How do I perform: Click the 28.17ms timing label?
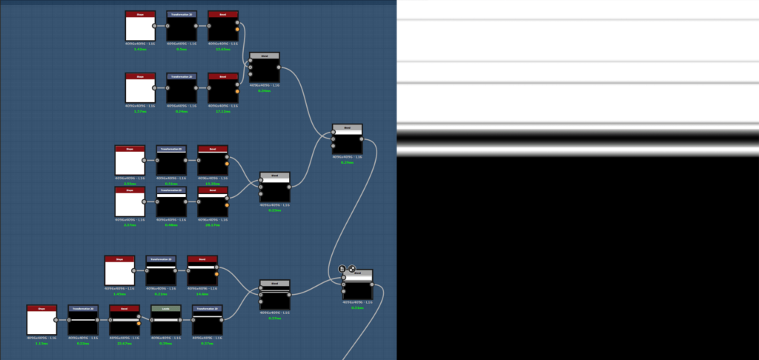[x=213, y=225]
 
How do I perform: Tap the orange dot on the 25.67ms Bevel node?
[x=139, y=323]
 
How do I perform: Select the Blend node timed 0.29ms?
[x=347, y=141]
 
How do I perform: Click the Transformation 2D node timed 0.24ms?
[x=182, y=90]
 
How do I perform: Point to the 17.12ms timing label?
[x=223, y=111]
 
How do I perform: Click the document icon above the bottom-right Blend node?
[x=342, y=269]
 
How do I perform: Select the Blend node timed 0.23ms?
[x=274, y=190]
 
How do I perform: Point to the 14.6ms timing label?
[x=202, y=293]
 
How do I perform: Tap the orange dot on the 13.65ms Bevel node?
[x=237, y=30]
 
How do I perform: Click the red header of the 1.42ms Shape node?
[x=140, y=14]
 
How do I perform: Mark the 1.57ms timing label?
[x=140, y=111]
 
